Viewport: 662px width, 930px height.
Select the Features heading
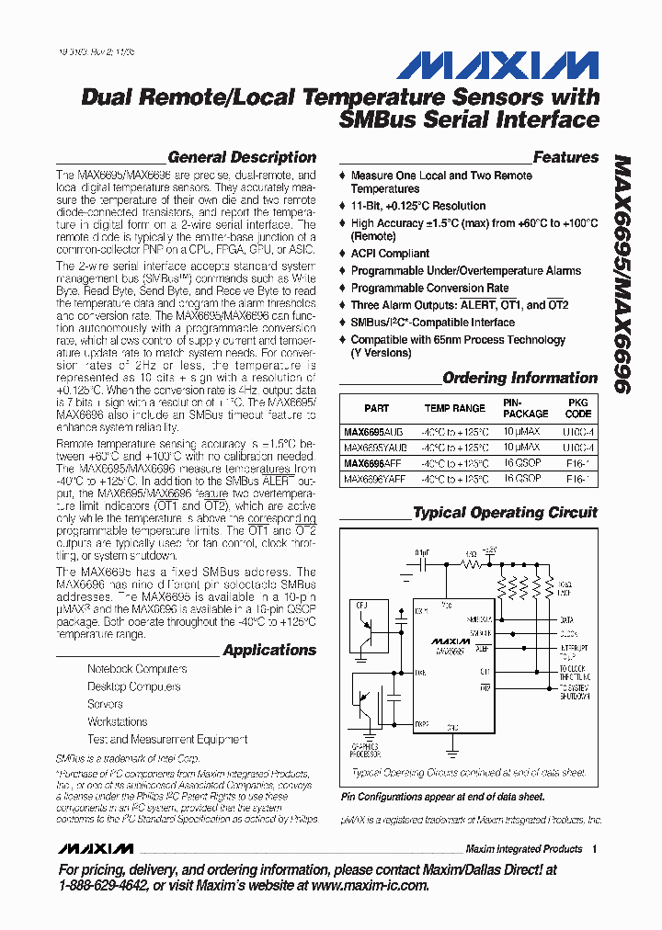pos(565,157)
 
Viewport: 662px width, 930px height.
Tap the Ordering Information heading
pos(519,378)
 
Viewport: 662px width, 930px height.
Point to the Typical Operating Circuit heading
pos(505,513)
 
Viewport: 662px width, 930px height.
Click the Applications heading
pos(269,650)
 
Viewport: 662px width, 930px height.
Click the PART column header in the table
pos(376,408)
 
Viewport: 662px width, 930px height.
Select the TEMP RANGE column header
pos(454,408)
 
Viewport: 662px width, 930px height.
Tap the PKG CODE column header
pos(578,408)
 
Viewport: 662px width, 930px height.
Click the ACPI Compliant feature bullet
pos(390,254)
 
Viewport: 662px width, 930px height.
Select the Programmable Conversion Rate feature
pos(429,288)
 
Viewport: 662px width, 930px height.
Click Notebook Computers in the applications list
pos(137,669)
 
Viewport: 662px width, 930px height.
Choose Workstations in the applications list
pos(117,721)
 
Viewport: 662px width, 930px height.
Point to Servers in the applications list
pos(105,704)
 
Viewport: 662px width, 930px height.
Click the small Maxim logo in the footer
pos(95,848)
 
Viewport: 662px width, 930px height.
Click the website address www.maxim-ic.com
pos(370,885)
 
